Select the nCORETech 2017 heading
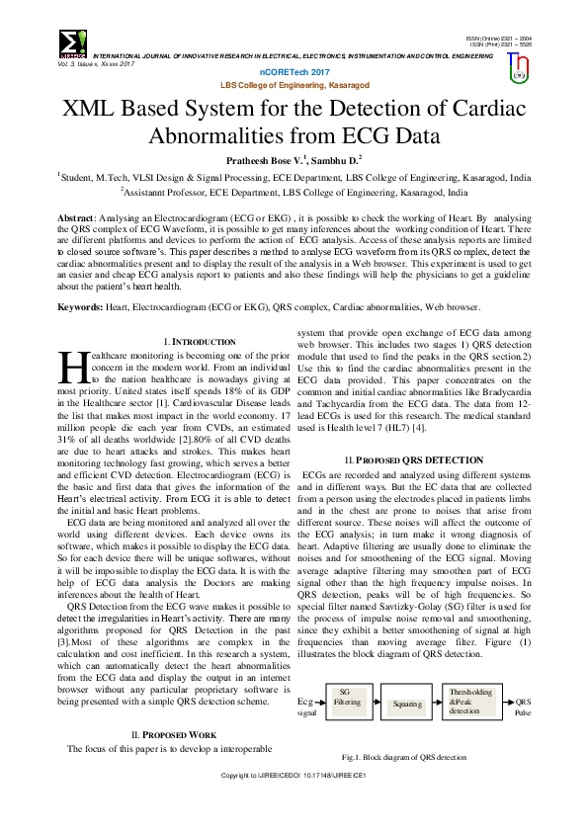click(x=294, y=74)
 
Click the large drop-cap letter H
click(x=74, y=367)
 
